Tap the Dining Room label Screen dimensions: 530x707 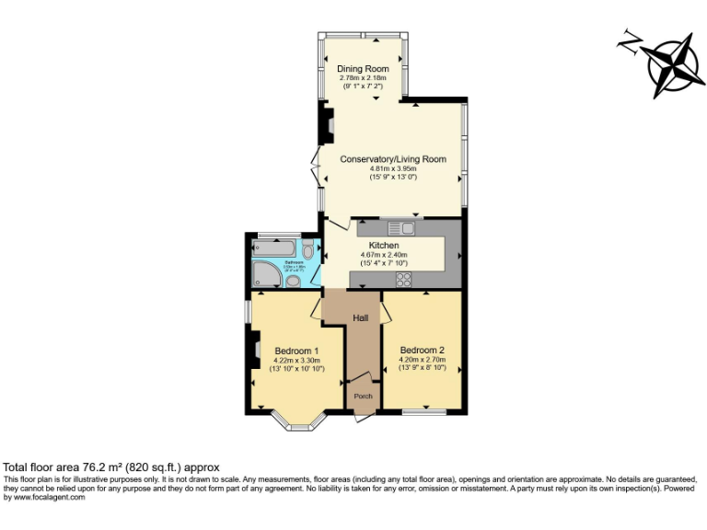point(363,69)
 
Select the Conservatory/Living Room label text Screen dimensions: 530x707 point(393,159)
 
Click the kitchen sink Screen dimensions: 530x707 point(401,228)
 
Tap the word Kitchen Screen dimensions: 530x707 point(383,246)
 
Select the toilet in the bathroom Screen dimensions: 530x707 point(307,248)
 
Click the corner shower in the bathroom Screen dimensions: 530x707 point(263,274)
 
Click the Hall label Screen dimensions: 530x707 point(361,317)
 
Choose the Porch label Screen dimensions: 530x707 point(363,397)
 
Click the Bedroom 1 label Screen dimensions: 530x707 point(296,351)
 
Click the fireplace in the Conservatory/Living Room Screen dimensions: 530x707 point(324,123)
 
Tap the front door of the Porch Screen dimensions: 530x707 point(363,416)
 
